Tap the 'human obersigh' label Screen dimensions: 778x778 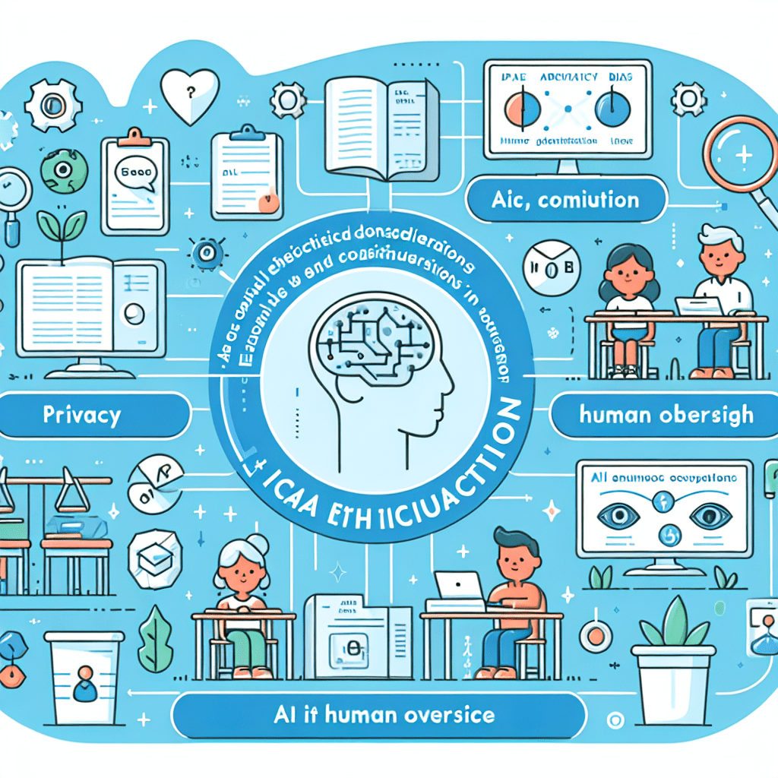point(666,415)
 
